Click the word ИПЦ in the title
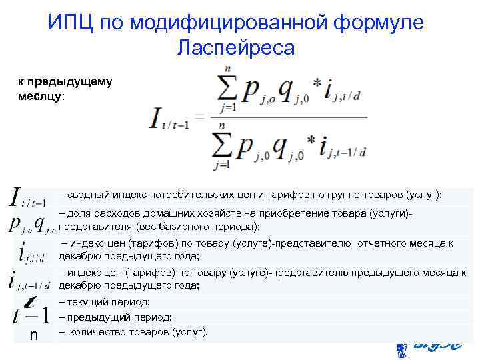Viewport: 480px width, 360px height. click(70, 23)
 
